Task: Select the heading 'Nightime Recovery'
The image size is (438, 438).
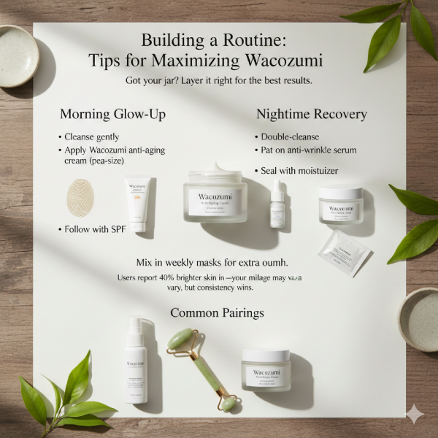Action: pos(311,115)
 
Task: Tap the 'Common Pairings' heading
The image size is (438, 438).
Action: pos(217,312)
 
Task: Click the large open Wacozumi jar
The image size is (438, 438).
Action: pos(215,194)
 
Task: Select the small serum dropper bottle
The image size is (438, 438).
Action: pos(277,204)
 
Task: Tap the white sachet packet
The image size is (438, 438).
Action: pos(343,251)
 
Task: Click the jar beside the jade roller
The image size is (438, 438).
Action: pos(266,369)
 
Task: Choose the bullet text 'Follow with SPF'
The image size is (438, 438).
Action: pos(94,230)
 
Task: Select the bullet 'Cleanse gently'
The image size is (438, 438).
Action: pos(91,137)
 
